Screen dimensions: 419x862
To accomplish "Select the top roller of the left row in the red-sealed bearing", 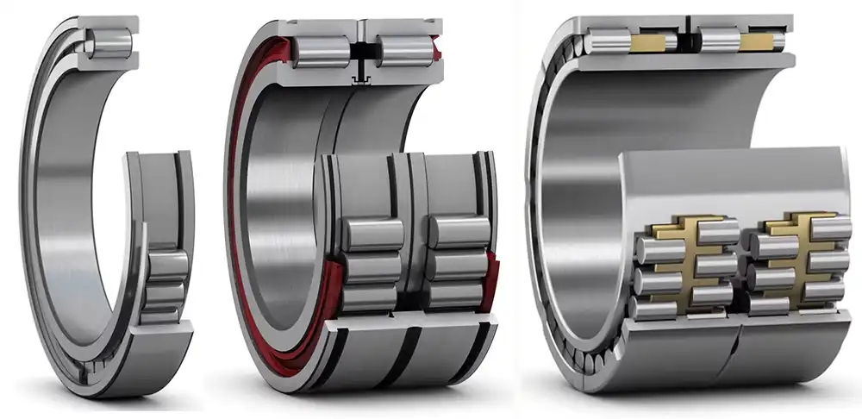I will coord(373,234).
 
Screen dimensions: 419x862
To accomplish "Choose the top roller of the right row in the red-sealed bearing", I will coord(459,233).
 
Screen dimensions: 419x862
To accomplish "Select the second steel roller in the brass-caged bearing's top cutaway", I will coord(721,41).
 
